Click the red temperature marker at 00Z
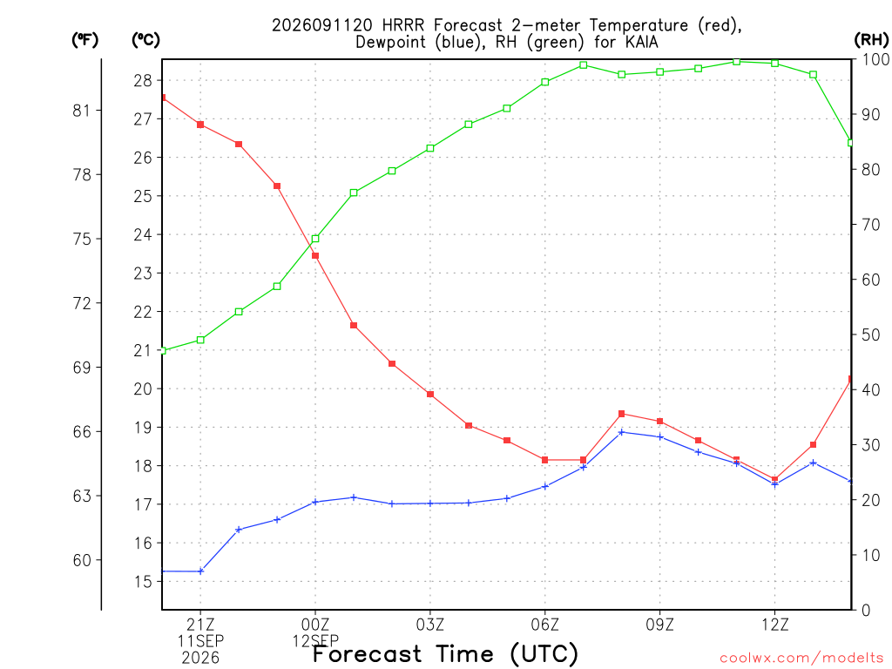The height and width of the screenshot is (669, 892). tap(315, 256)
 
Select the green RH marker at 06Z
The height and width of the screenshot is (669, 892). tap(545, 82)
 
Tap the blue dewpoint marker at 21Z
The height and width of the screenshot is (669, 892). tap(200, 571)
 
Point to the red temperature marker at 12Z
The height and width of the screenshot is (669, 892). tap(774, 479)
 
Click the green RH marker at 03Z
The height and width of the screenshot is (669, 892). tap(430, 148)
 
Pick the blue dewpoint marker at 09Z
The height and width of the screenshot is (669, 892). tap(660, 437)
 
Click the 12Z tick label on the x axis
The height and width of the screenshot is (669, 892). tap(774, 625)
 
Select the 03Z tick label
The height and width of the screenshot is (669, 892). tap(430, 625)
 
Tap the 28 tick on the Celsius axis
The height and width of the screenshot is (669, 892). tap(143, 81)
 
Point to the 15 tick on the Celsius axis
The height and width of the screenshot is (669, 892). tap(143, 581)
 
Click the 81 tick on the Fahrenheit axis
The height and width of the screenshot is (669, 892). tap(82, 111)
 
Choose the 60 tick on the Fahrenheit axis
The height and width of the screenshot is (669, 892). tap(82, 560)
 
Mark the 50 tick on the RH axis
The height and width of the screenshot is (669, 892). tap(871, 334)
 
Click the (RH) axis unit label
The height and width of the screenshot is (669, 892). tap(871, 40)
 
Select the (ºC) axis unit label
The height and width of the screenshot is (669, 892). tap(145, 40)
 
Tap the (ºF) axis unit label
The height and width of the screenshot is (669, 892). tap(84, 40)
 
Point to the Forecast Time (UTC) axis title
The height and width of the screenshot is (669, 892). tap(445, 654)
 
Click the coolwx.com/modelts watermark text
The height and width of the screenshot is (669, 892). tap(801, 659)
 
